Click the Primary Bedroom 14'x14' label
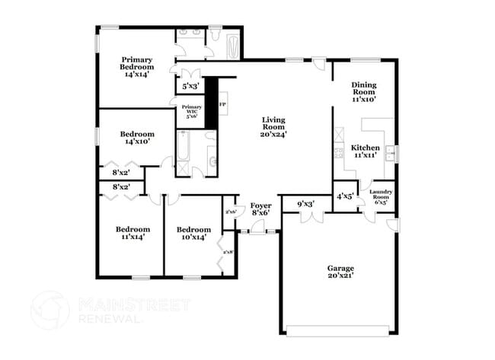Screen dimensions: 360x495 137,67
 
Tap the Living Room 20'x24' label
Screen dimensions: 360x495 274,127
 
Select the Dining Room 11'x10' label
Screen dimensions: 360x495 364,92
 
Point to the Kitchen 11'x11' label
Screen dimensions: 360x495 365,151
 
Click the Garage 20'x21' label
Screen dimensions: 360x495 340,271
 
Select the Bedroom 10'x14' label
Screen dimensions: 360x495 193,232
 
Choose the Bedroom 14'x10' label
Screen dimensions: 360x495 137,138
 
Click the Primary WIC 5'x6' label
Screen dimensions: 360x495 192,111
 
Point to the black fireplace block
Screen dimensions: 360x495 212,103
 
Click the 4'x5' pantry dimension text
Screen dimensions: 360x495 345,196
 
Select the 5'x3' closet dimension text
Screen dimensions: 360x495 190,87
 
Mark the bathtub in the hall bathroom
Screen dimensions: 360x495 184,152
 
